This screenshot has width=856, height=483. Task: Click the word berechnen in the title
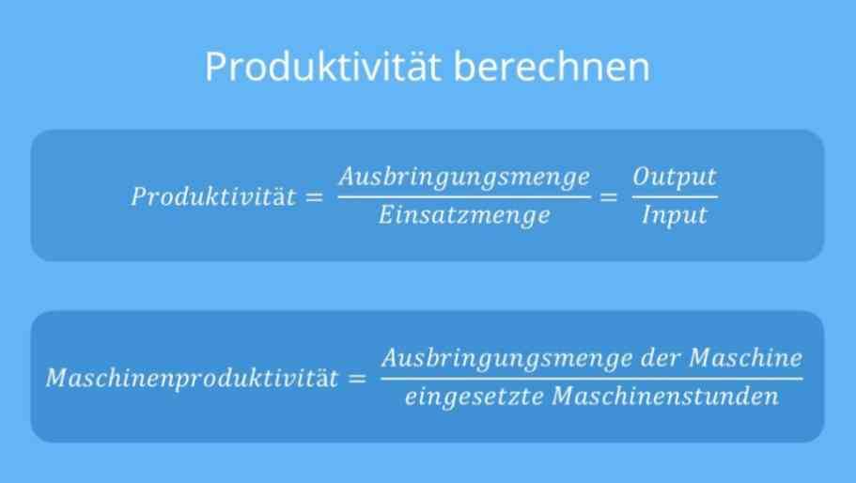coord(552,67)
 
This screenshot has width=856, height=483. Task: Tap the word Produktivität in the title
coord(322,67)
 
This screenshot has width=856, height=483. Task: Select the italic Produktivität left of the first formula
coord(213,196)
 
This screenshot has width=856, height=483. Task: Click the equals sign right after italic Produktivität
coord(314,197)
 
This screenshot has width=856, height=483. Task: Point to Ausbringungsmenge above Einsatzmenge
coord(464,178)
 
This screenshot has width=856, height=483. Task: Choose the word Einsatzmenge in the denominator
coord(464,215)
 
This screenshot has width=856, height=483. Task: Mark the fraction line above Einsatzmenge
coord(464,196)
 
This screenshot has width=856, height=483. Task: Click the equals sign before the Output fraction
coord(608,197)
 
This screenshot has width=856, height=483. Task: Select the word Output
coord(675,178)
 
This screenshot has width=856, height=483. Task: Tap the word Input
coord(675,215)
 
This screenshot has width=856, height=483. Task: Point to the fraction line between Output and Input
coord(675,196)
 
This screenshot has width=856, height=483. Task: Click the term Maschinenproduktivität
coord(193,378)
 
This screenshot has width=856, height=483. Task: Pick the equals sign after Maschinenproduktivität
coord(356,378)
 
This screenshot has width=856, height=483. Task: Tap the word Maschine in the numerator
coord(746,359)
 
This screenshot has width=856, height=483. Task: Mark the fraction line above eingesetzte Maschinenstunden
coord(592,378)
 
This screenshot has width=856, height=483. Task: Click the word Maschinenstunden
coord(665,397)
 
